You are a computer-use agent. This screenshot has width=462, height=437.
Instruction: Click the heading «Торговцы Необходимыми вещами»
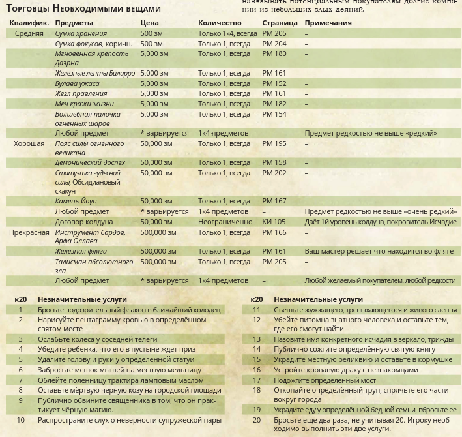pyautogui.click(x=83, y=8)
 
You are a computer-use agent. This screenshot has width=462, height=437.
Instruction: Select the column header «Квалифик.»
pyautogui.click(x=29, y=23)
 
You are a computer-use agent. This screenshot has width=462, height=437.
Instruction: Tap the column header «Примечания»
pyautogui.click(x=328, y=23)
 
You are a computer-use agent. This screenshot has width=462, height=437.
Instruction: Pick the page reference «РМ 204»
pyautogui.click(x=274, y=44)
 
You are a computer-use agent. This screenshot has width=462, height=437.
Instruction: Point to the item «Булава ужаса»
pyautogui.click(x=78, y=83)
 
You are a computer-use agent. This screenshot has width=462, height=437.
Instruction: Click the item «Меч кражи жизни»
pyautogui.click(x=84, y=104)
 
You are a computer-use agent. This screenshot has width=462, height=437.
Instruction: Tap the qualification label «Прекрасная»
pyautogui.click(x=29, y=232)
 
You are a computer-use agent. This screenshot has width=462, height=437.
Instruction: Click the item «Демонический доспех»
pyautogui.click(x=90, y=162)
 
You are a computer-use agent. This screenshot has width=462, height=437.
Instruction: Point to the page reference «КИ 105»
pyautogui.click(x=274, y=222)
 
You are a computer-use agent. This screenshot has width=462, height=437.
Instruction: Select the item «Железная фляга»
pyautogui.click(x=81, y=251)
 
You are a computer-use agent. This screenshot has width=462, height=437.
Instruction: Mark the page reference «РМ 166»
pyautogui.click(x=274, y=232)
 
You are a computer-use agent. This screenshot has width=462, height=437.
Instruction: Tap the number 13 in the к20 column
pyautogui.click(x=257, y=339)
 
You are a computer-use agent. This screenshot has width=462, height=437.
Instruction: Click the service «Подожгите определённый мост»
pyautogui.click(x=324, y=380)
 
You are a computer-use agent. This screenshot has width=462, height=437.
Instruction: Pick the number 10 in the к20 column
pyautogui.click(x=21, y=420)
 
